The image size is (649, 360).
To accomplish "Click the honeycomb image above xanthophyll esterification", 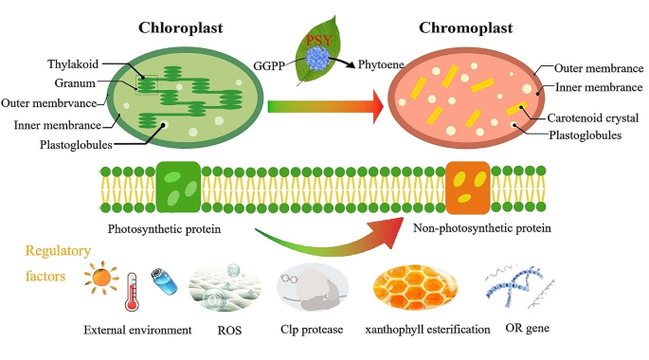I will [x=416, y=286].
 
